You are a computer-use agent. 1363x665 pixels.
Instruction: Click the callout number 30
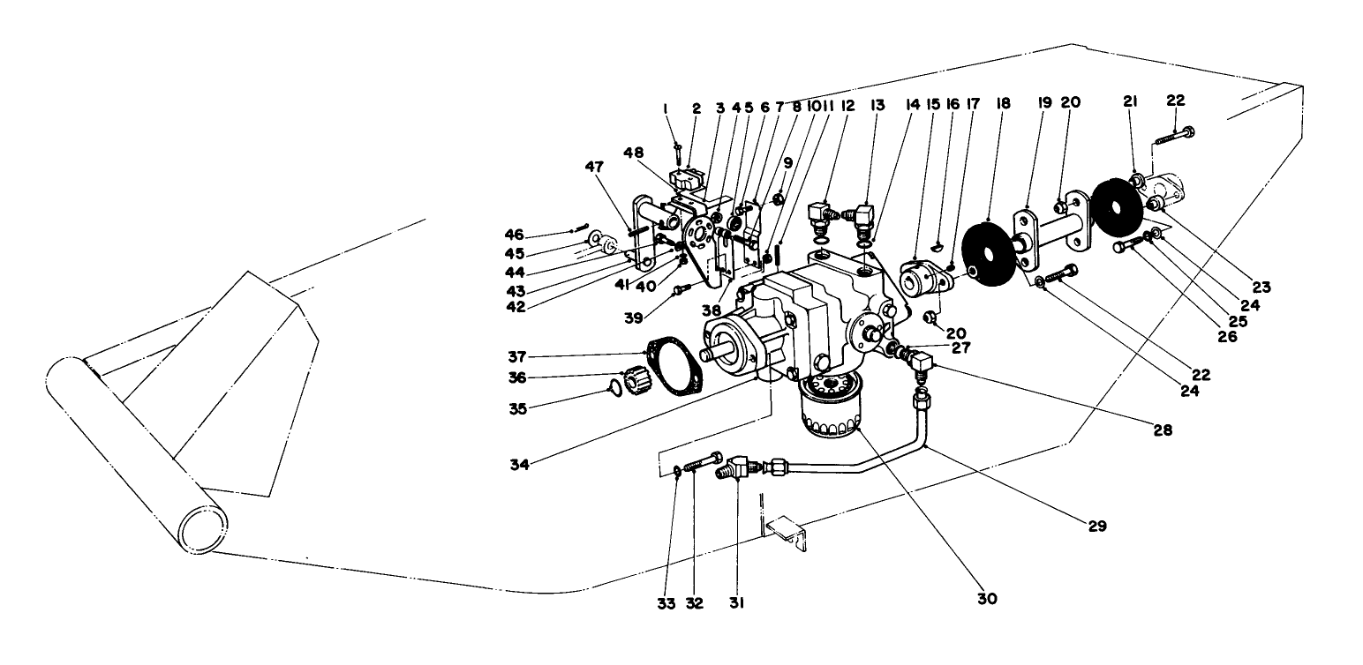pos(987,598)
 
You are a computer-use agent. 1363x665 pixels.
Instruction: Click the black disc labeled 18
pos(990,253)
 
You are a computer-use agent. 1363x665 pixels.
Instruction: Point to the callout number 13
pos(877,105)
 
